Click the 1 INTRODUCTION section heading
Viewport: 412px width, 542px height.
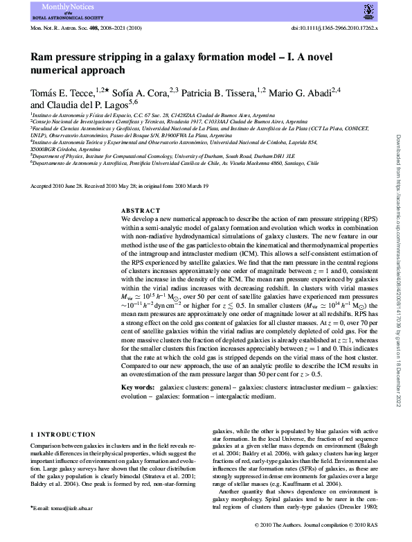tap(64, 434)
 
